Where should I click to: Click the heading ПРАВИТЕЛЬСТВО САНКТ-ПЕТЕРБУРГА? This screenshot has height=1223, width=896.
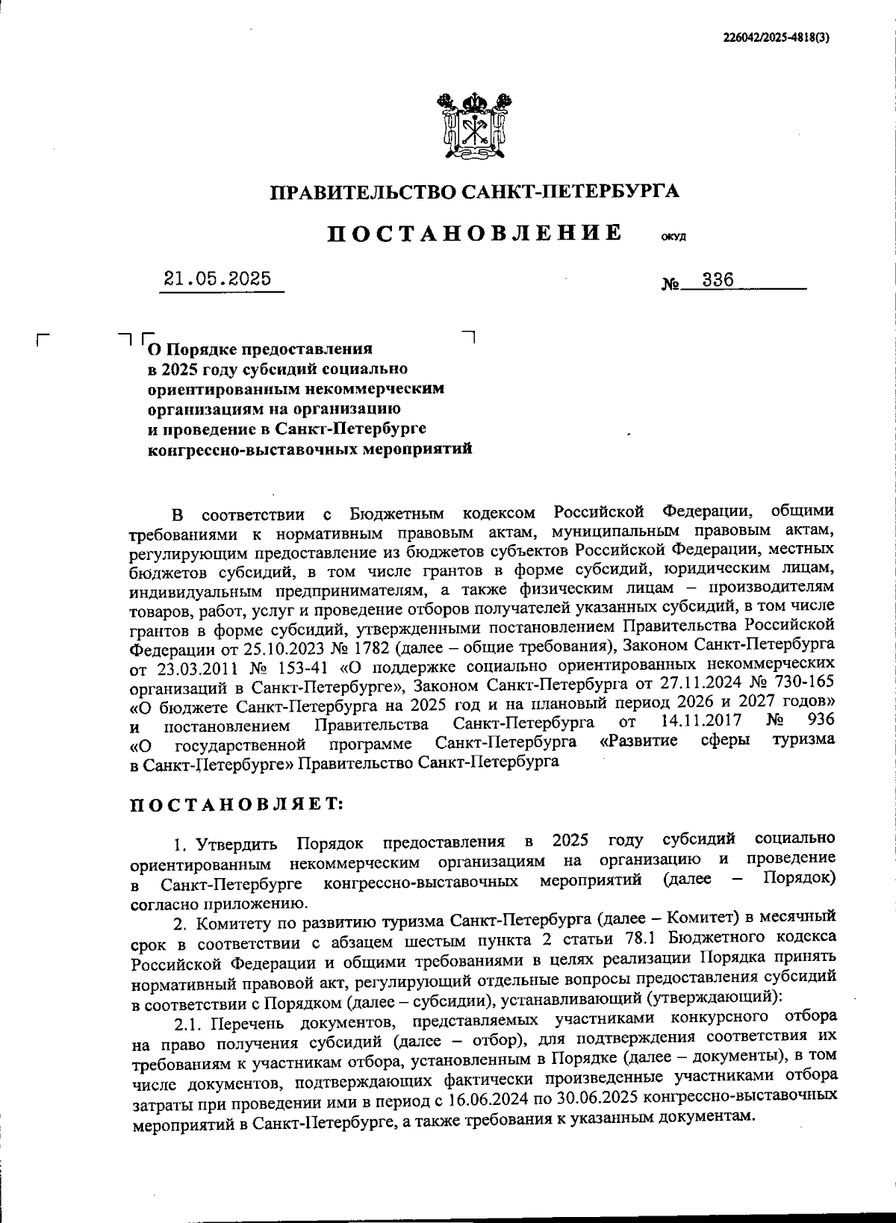coord(475,192)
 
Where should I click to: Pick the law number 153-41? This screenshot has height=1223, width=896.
coord(320,664)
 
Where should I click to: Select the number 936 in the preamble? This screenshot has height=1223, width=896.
coord(820,721)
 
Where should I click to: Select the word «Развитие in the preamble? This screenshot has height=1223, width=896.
coord(638,741)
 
